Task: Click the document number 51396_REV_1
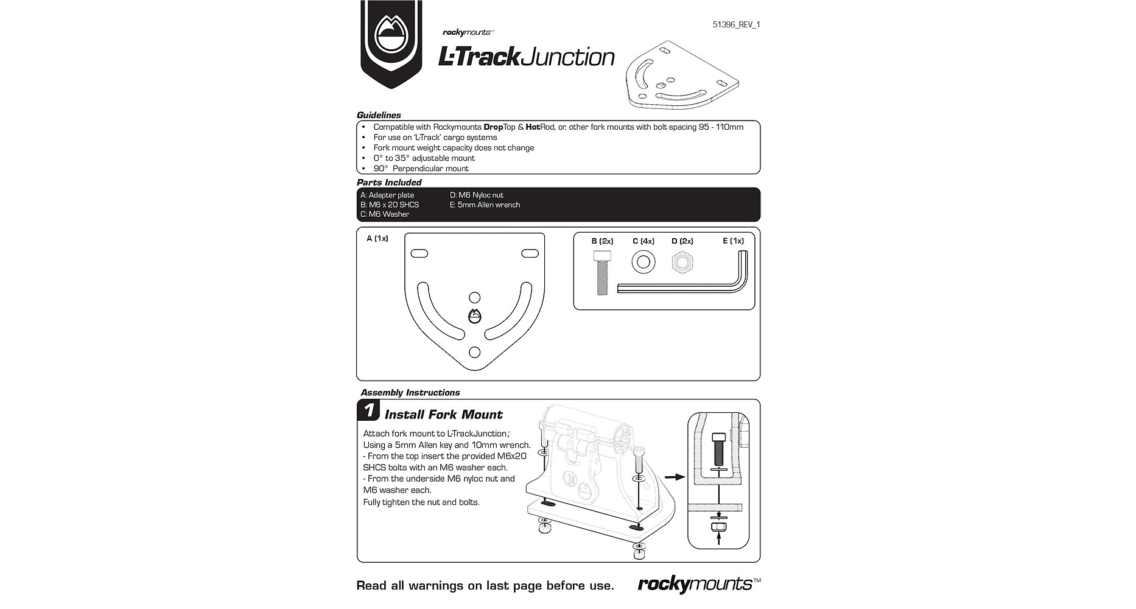(x=737, y=25)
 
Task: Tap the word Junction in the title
(x=569, y=57)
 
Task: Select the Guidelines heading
(x=379, y=115)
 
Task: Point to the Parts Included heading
(x=389, y=182)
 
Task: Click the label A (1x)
(x=377, y=239)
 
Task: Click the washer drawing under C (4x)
(x=643, y=262)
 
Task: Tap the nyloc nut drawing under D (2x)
(x=683, y=262)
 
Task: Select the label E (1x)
(x=733, y=241)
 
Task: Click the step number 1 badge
(x=368, y=410)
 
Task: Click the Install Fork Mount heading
(x=444, y=415)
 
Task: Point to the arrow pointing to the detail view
(x=675, y=477)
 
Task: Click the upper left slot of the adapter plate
(x=419, y=253)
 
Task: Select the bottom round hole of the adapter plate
(x=475, y=352)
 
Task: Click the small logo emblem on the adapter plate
(x=475, y=317)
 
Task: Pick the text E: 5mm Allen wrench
(x=485, y=205)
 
